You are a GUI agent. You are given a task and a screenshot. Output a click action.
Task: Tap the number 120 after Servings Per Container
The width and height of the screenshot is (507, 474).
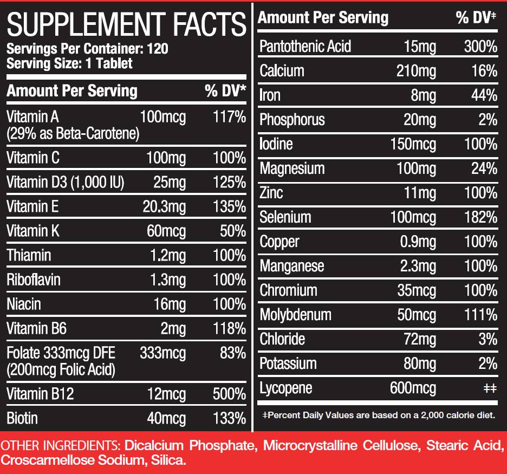point(157,49)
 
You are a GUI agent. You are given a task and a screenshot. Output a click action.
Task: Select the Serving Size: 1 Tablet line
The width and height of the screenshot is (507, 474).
point(69,63)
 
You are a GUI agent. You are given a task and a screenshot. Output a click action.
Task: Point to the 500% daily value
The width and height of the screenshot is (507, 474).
point(229,394)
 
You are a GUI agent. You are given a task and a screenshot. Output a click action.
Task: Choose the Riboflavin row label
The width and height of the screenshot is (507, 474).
point(34,280)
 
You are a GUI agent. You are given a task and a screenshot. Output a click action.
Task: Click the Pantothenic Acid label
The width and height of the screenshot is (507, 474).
point(305,47)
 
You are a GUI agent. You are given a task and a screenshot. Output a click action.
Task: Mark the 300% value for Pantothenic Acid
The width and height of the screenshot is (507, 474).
point(480,47)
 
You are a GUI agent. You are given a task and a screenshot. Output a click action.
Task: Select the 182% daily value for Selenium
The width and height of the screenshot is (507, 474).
point(480,217)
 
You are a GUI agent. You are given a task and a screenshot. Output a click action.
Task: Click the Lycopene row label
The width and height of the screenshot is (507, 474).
point(285,388)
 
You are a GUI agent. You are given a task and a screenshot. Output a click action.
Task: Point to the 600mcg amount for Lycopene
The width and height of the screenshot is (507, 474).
point(413,388)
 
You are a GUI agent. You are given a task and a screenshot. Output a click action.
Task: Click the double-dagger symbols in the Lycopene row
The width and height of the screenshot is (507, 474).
point(489,388)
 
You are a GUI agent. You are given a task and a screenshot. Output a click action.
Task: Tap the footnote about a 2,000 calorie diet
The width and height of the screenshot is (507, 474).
point(378,415)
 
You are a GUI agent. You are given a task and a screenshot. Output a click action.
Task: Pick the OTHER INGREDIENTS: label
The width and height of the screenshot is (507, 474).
point(61,446)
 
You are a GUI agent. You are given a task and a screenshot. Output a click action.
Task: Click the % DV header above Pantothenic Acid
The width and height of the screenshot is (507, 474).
point(476,18)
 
